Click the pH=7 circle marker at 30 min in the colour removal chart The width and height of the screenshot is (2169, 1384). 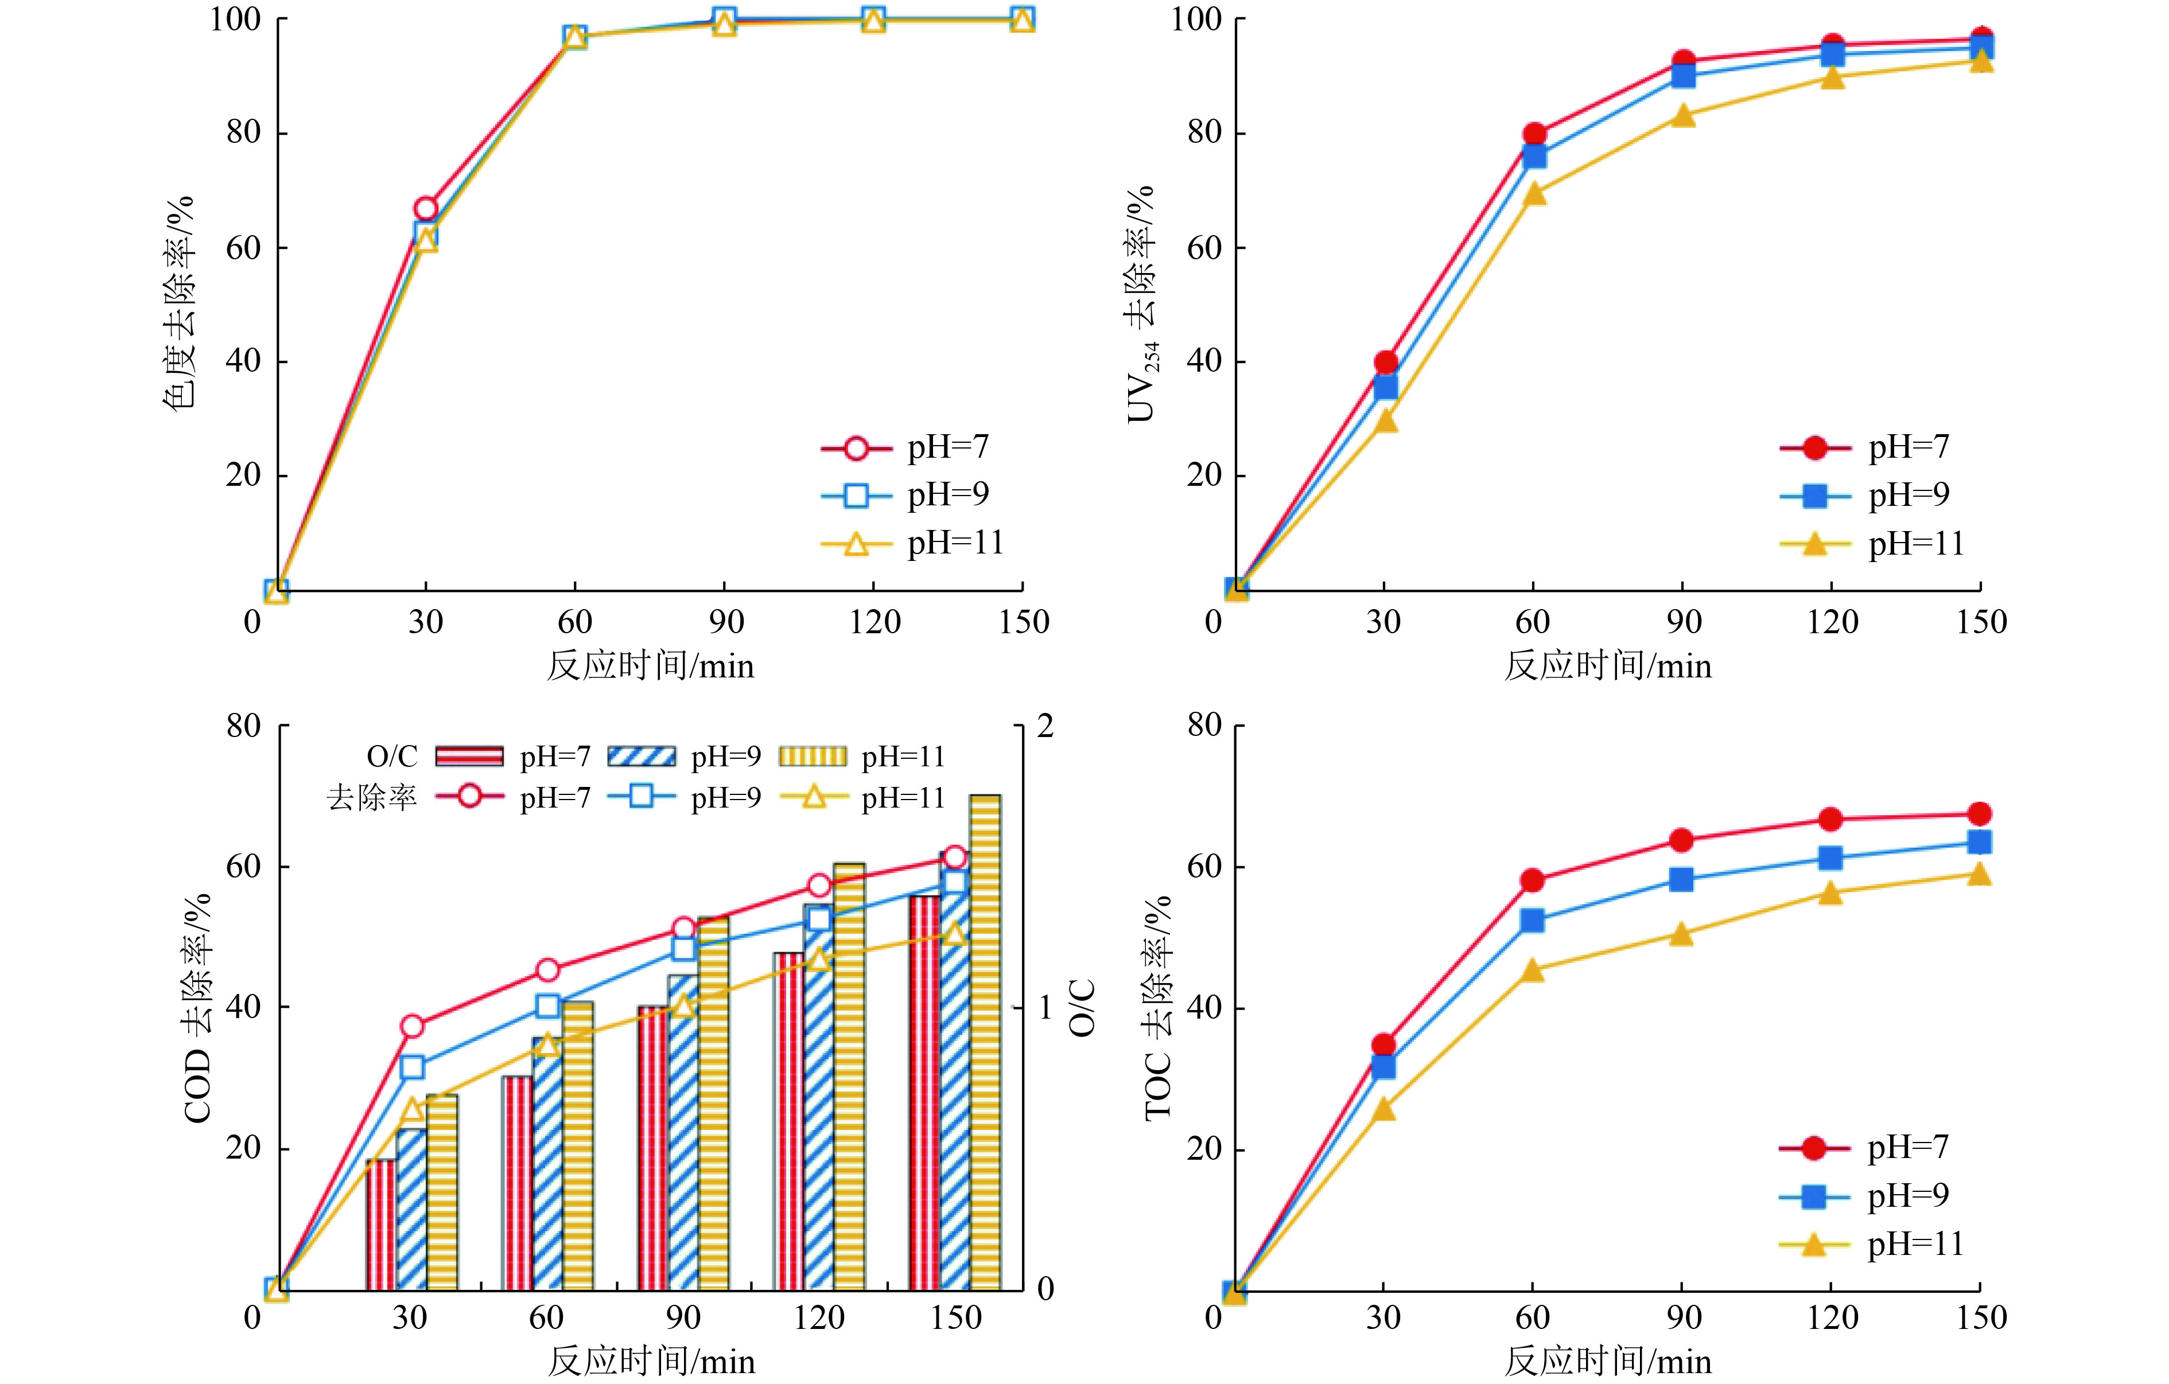[425, 209]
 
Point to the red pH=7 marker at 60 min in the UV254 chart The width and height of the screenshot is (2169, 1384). [1534, 135]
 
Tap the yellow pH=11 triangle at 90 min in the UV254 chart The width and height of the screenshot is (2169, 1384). [1682, 116]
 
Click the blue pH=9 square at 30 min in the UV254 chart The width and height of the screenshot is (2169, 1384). [1385, 387]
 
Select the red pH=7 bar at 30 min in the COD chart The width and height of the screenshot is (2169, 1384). [381, 1225]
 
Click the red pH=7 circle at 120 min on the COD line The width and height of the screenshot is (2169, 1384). [819, 885]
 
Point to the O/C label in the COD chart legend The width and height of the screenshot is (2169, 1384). [392, 757]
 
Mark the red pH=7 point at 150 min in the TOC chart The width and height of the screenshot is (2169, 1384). [1979, 814]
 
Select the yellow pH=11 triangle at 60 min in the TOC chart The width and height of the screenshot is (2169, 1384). [1532, 970]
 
